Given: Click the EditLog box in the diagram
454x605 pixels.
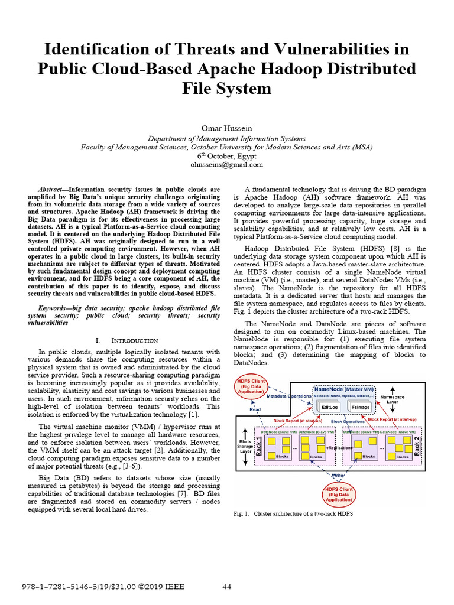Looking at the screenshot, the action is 328,408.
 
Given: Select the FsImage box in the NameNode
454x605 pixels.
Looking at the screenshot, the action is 361,408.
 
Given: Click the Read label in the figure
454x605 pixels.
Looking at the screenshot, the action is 255,408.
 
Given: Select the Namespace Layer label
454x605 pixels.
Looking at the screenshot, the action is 393,399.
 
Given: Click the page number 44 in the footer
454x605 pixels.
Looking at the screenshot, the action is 227,586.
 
